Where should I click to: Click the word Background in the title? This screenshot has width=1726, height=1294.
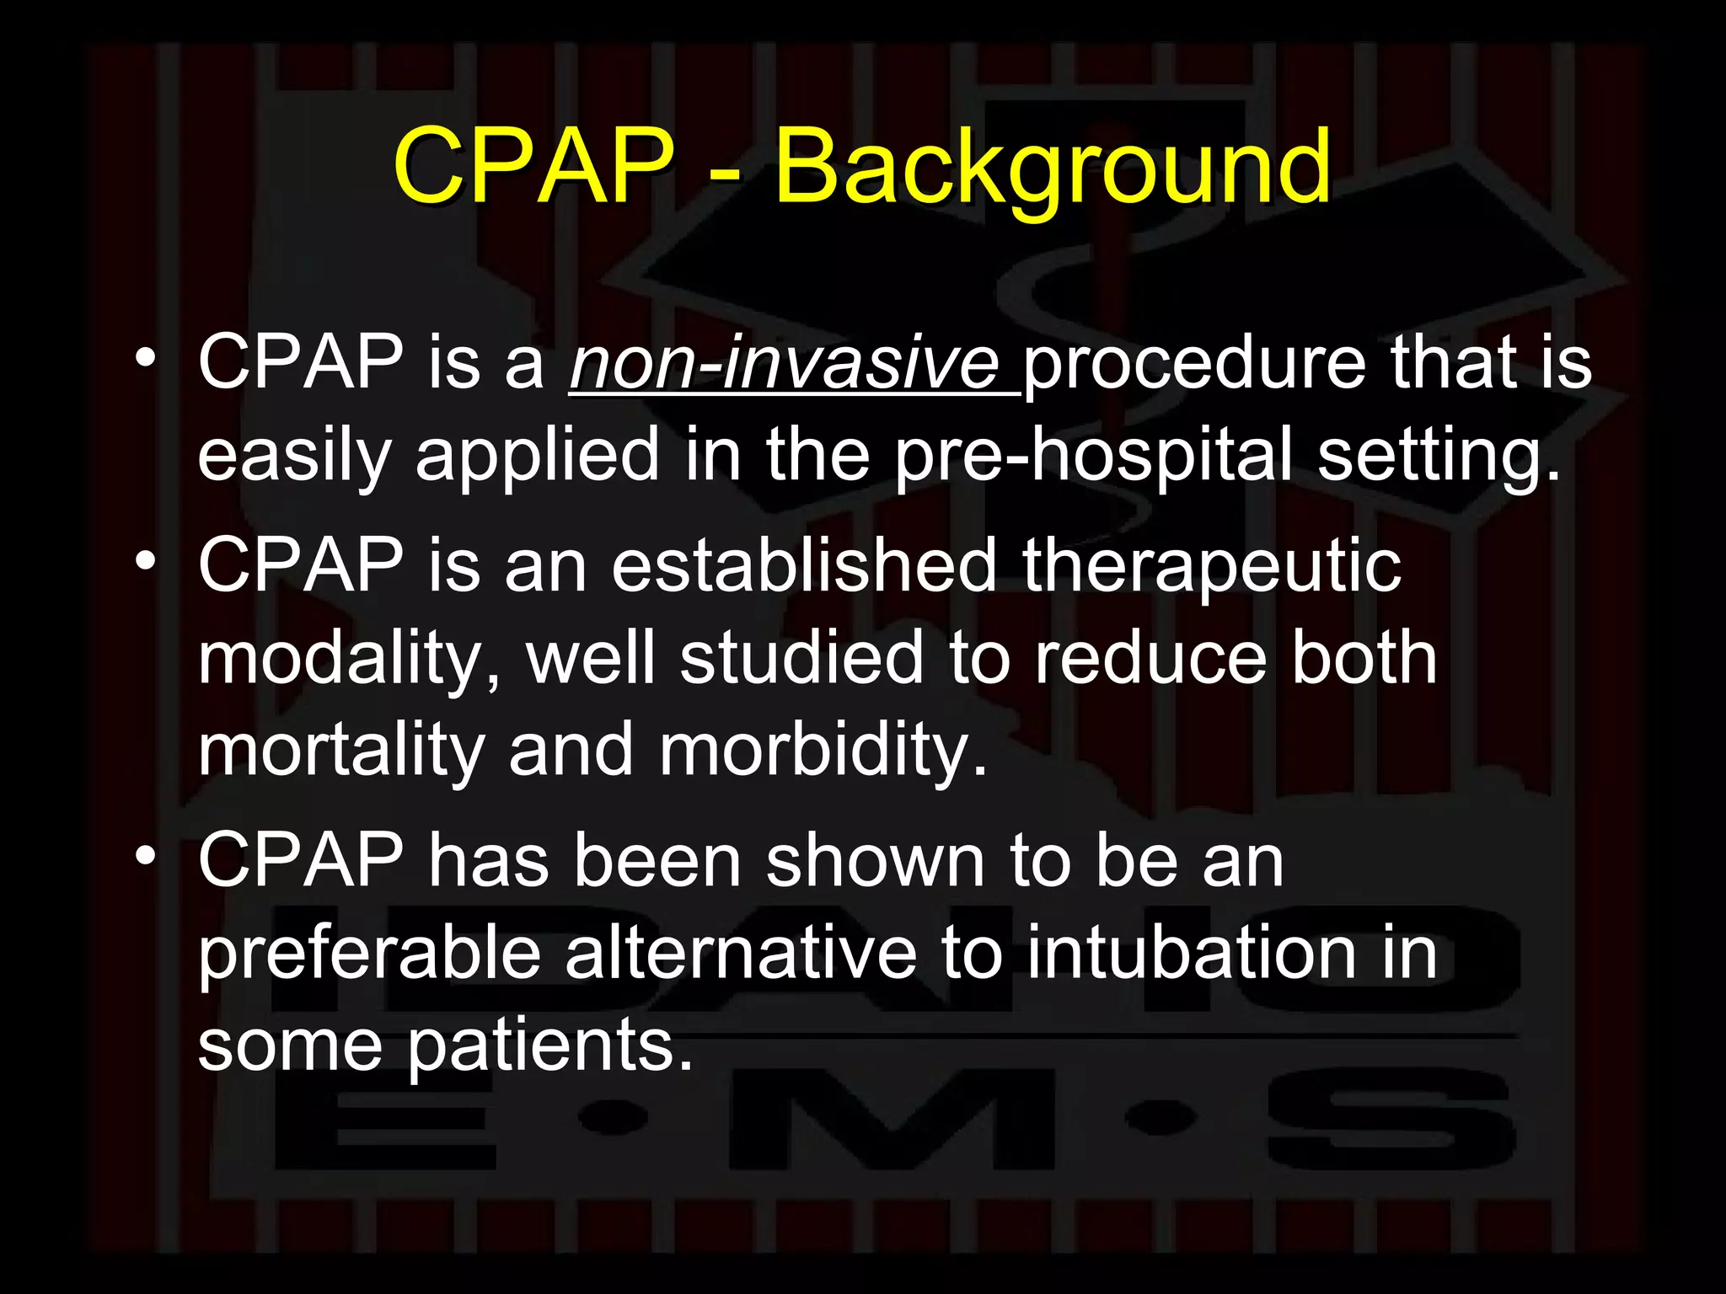click(1052, 168)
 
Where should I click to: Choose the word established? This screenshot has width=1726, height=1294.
click(804, 565)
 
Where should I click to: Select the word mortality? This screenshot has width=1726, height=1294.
click(340, 751)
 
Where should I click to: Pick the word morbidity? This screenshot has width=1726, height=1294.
click(822, 751)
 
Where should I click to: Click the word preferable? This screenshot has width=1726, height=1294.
click(369, 955)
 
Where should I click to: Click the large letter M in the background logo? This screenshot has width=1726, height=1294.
click(890, 1120)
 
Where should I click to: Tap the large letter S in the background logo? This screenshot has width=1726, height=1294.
click(1391, 1120)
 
